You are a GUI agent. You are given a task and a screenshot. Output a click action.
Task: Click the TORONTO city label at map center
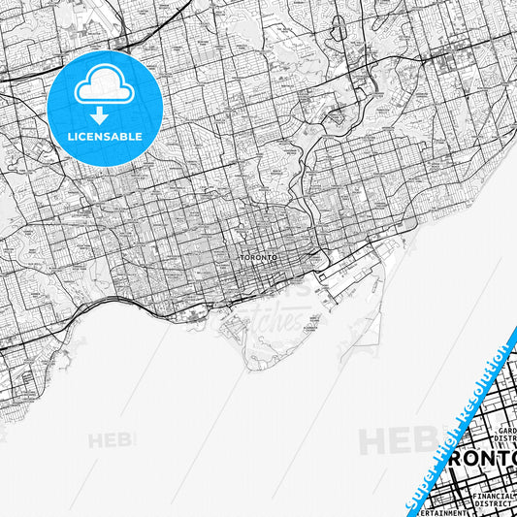259,258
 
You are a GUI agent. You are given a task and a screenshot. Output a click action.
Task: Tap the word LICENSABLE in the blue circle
105,136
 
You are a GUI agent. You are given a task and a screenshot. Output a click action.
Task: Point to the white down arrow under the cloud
104,114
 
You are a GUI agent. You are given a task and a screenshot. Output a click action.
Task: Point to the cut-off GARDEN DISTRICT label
507,433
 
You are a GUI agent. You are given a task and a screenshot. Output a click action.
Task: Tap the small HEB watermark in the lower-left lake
113,440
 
